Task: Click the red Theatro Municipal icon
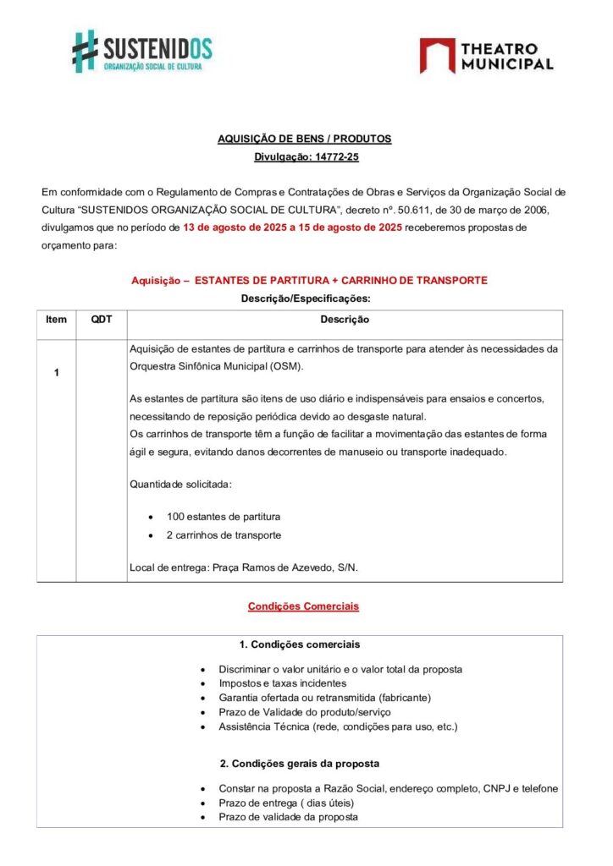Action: (437, 55)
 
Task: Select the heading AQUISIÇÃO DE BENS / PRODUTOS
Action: (305, 140)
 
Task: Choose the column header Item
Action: (56, 320)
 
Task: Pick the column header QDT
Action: (101, 320)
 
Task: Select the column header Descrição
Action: (344, 320)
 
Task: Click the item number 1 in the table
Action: (56, 372)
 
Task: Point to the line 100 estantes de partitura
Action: (224, 516)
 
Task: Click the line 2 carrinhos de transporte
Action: (224, 535)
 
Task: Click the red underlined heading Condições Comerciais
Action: (303, 606)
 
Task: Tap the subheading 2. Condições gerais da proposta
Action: (300, 764)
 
